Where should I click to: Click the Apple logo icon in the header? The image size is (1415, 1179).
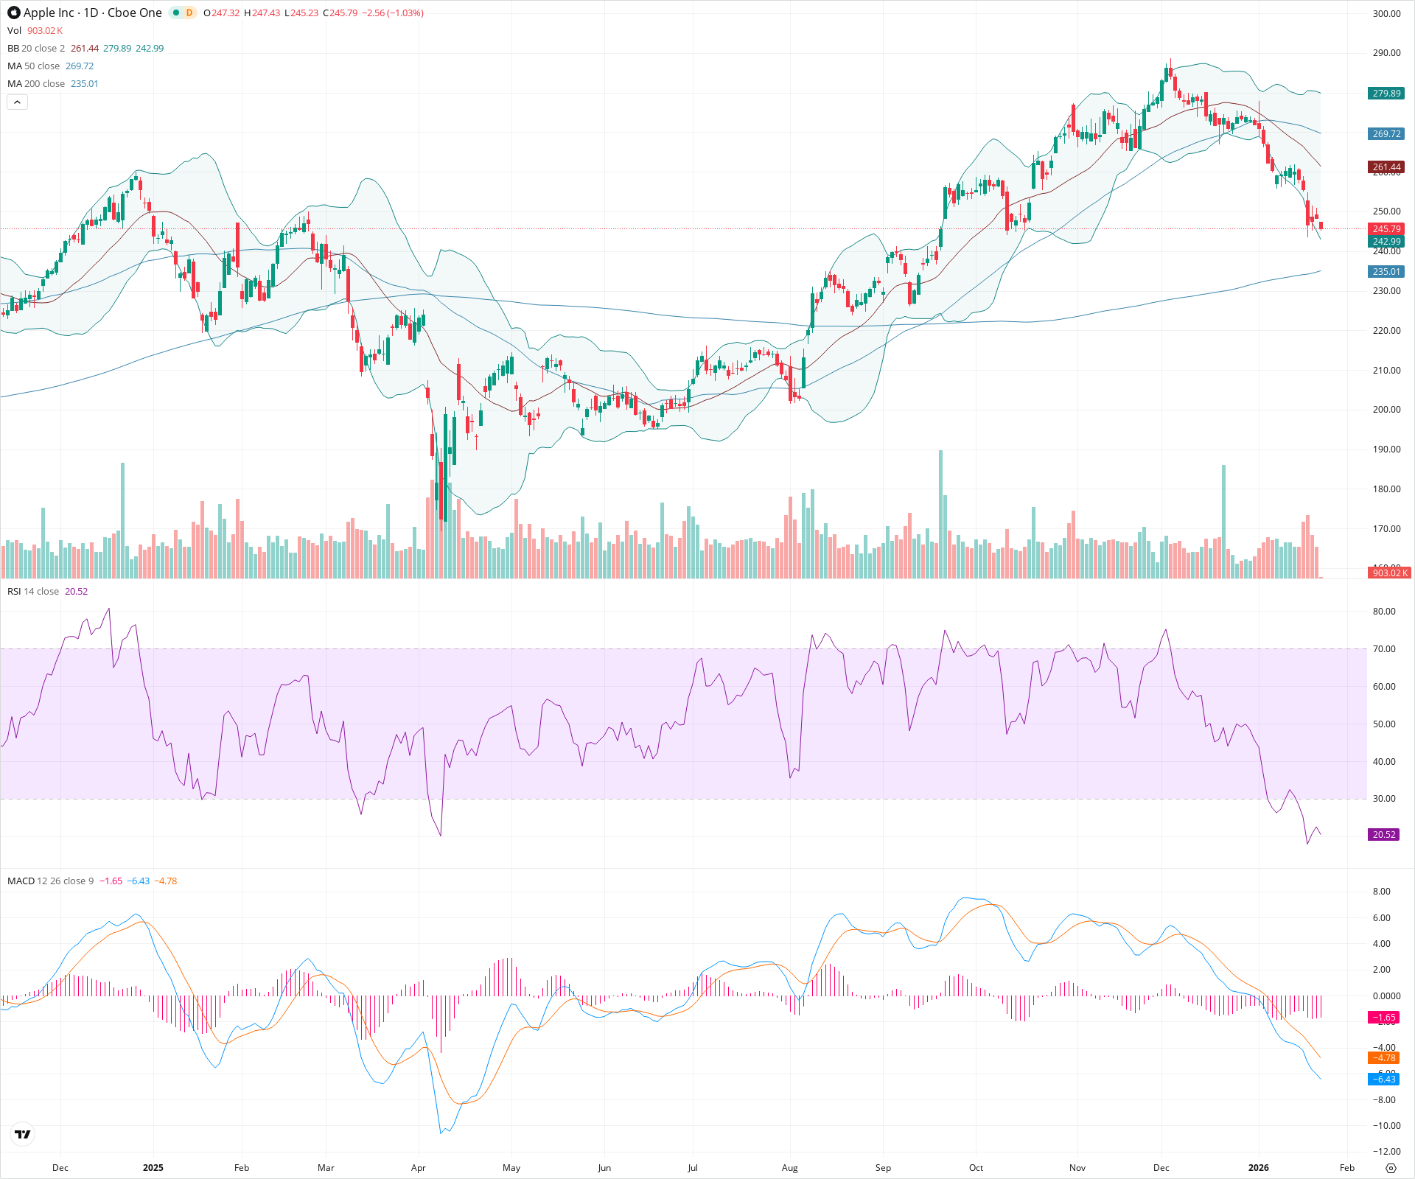click(14, 13)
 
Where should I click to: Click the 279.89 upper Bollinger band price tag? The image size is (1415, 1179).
click(1386, 94)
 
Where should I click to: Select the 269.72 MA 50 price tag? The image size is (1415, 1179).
click(1386, 134)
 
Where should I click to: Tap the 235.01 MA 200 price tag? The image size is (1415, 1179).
click(1386, 272)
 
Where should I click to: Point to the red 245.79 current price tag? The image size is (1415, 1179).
click(1386, 229)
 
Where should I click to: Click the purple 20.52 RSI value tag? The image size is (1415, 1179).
click(1384, 835)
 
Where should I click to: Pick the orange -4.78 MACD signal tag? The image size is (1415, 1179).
click(1384, 1058)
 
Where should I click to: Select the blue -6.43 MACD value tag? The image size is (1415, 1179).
click(1384, 1080)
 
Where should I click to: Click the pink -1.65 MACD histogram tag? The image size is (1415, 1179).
click(1384, 1018)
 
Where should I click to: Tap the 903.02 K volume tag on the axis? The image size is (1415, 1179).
click(1389, 573)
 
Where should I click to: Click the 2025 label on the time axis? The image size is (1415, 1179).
click(153, 1168)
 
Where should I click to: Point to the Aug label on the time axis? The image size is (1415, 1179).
click(789, 1168)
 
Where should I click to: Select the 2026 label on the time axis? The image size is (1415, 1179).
click(1258, 1168)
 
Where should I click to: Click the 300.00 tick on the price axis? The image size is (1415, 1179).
click(1386, 14)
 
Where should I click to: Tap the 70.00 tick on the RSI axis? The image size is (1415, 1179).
click(1384, 649)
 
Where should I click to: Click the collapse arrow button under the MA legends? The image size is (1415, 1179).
click(17, 102)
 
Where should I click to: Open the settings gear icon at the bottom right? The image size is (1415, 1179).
click(1391, 1168)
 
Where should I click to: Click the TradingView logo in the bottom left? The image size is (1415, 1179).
click(23, 1134)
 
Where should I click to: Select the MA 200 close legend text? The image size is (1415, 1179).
click(36, 84)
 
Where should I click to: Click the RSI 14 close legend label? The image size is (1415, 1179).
click(33, 592)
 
